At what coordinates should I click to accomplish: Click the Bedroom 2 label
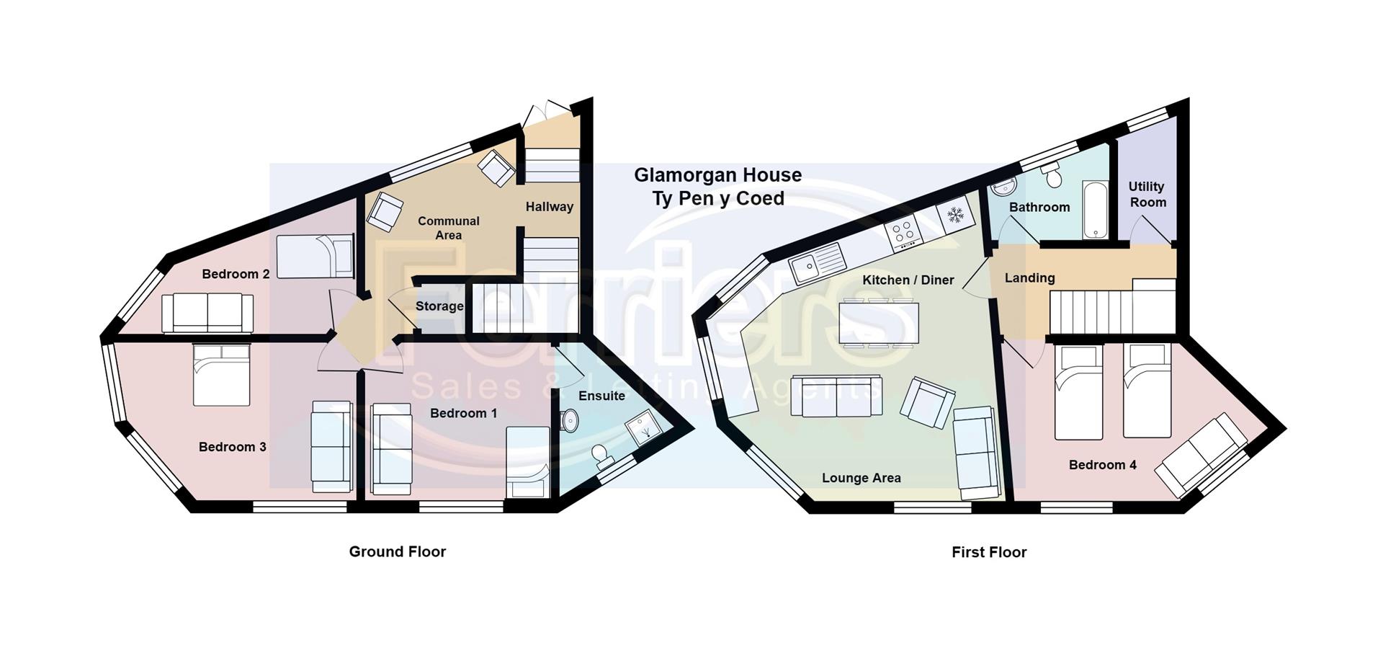(236, 274)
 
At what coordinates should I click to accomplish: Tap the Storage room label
(439, 306)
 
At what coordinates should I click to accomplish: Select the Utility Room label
(1147, 195)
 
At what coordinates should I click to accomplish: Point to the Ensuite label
(601, 396)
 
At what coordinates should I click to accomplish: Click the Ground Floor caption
(398, 551)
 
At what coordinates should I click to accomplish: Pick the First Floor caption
(989, 552)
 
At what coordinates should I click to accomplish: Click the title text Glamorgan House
(717, 175)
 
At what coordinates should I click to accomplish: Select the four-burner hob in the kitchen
(905, 231)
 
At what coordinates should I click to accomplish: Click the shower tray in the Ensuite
(642, 430)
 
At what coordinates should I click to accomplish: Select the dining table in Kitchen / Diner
(879, 322)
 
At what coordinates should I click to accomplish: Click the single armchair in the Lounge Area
(927, 402)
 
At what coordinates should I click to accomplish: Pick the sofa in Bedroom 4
(1201, 456)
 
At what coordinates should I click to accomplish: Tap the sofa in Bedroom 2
(207, 313)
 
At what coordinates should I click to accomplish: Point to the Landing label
(1029, 277)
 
